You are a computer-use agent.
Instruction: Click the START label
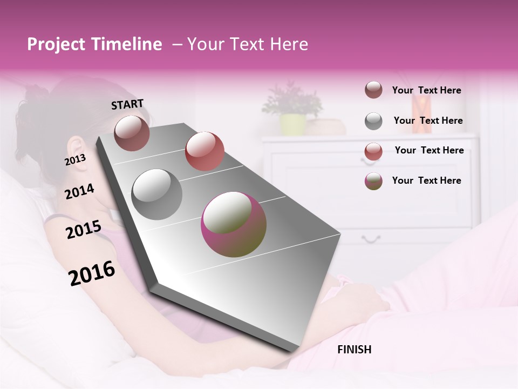point(127,104)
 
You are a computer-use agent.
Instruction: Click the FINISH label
point(354,350)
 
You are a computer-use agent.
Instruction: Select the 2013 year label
point(75,160)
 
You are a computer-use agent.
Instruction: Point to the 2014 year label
point(79,191)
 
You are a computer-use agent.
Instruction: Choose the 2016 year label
point(92,273)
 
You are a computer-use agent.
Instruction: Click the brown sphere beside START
point(132,133)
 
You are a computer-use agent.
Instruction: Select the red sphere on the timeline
point(204,151)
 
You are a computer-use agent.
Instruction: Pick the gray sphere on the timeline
point(156,194)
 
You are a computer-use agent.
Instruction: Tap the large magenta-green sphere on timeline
point(233,224)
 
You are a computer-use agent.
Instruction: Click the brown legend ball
point(373,90)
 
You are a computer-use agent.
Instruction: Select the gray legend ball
point(373,121)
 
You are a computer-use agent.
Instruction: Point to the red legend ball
point(373,151)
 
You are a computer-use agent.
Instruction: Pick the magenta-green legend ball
point(373,181)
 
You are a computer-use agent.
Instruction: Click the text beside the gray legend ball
point(428,120)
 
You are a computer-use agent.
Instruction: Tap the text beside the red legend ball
point(429,150)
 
